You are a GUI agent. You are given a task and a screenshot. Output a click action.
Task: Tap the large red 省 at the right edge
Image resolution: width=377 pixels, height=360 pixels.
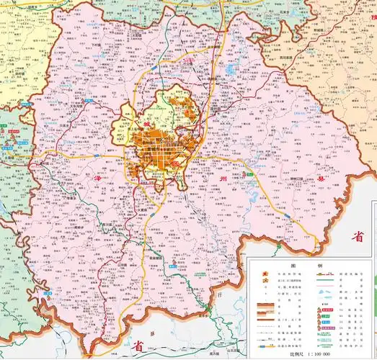click(358, 236)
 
